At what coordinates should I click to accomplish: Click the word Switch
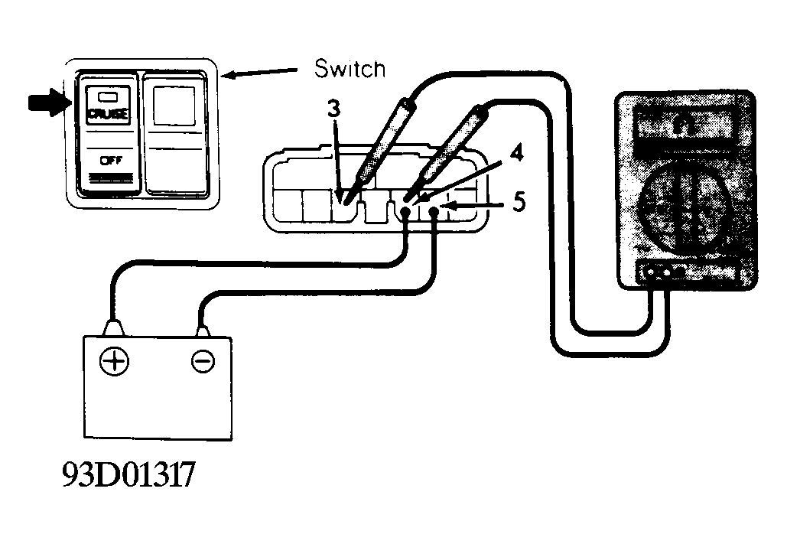[x=350, y=68]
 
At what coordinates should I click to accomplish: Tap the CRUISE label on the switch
[x=108, y=115]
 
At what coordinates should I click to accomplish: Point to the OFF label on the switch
[x=111, y=161]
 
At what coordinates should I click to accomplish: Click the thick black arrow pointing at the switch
[x=47, y=103]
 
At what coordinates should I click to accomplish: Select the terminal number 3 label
[x=333, y=109]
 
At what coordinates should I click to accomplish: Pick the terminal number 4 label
[x=515, y=152]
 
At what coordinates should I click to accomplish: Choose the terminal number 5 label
[x=519, y=201]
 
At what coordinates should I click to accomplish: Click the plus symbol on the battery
[x=115, y=362]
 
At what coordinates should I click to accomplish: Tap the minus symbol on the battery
[x=203, y=361]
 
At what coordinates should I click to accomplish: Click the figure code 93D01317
[x=128, y=474]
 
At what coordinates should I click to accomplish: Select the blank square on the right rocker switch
[x=174, y=106]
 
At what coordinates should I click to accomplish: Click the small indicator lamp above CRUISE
[x=107, y=96]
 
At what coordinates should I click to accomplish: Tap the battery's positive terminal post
[x=112, y=327]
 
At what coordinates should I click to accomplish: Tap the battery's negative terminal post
[x=202, y=331]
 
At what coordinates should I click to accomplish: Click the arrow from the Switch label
[x=260, y=73]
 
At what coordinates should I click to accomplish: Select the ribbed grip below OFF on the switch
[x=111, y=178]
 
